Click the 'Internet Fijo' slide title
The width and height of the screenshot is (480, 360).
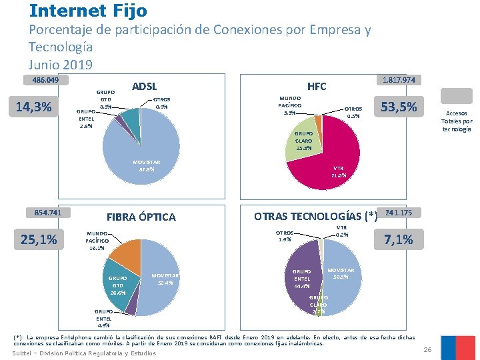(x=89, y=11)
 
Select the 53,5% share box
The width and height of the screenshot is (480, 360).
(x=399, y=106)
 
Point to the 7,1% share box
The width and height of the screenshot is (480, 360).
(x=399, y=239)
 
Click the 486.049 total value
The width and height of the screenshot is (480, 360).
(x=42, y=81)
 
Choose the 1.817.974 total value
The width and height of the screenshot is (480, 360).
(x=399, y=80)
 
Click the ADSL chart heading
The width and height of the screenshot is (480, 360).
(x=145, y=86)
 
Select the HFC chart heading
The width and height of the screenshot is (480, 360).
(x=317, y=86)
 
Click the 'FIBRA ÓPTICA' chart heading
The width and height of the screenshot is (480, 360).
(x=141, y=217)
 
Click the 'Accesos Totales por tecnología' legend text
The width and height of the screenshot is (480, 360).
(x=457, y=121)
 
